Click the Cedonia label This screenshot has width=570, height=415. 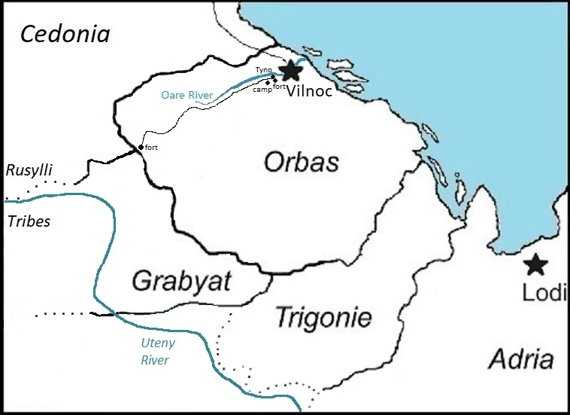(65, 33)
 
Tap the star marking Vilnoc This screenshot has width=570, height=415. (290, 71)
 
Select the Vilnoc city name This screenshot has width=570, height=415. (310, 89)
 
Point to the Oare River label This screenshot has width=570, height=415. (187, 95)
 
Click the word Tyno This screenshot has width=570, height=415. (263, 69)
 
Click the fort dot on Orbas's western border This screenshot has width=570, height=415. (141, 148)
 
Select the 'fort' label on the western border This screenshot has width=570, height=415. (152, 146)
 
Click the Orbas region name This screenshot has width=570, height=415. (301, 162)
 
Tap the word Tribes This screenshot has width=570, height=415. (28, 221)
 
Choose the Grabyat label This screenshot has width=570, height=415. (181, 281)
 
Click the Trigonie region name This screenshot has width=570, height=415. (323, 317)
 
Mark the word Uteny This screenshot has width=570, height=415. (158, 344)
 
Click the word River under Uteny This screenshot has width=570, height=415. (155, 360)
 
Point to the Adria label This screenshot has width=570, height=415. (521, 359)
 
